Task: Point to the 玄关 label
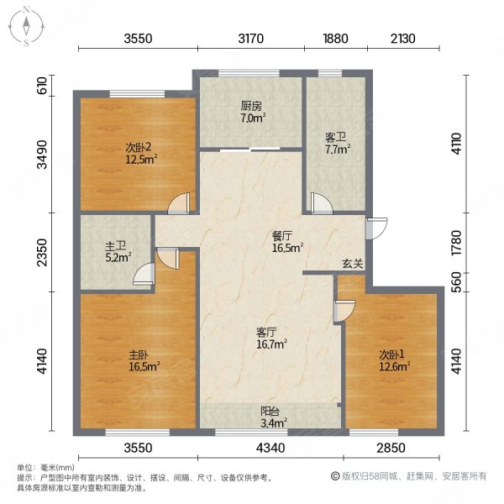pyautogui.click(x=353, y=264)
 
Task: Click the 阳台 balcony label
pyautogui.click(x=270, y=412)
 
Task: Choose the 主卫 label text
pyautogui.click(x=116, y=246)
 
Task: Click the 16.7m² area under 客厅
pyautogui.click(x=272, y=344)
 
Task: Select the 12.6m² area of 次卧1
pyautogui.click(x=393, y=365)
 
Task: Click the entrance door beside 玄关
pyautogui.click(x=376, y=226)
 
